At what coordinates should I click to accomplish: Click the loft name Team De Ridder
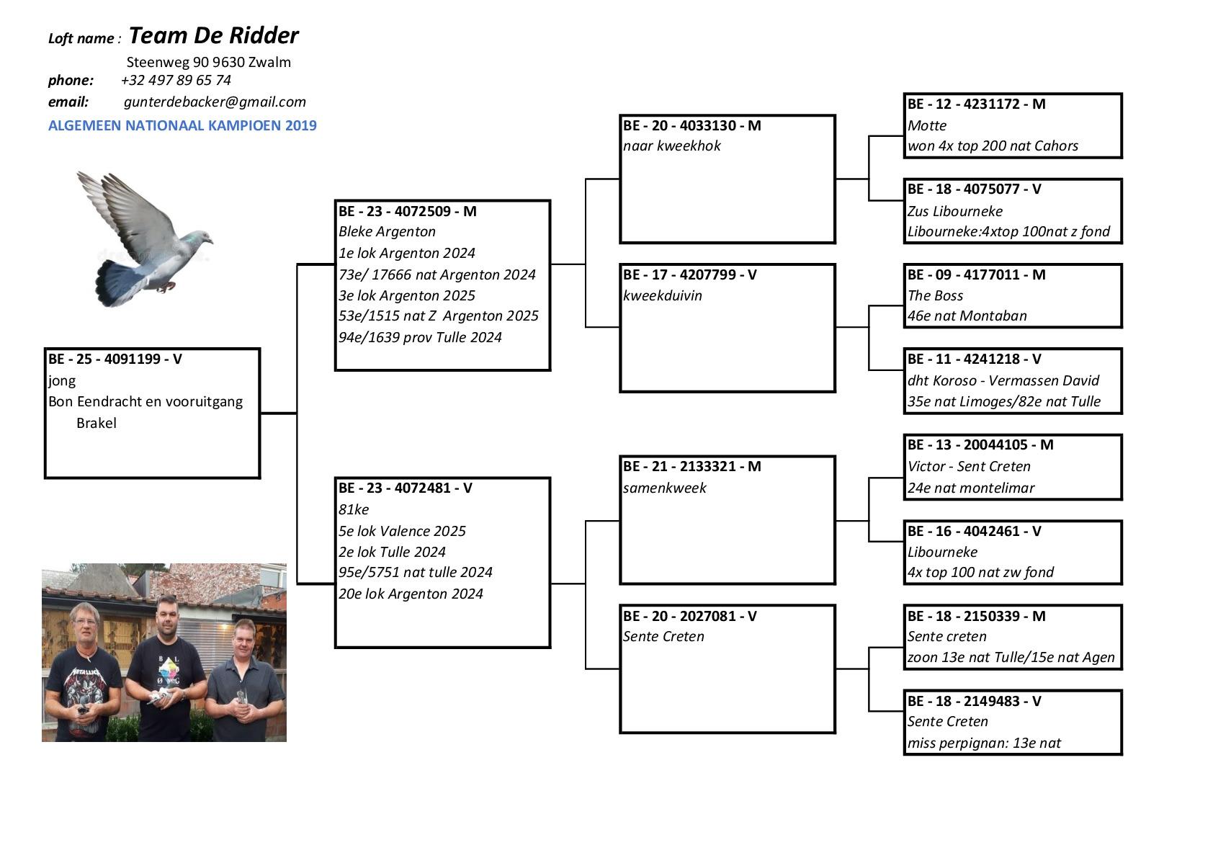click(213, 35)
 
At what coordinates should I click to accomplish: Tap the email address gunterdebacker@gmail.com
click(215, 102)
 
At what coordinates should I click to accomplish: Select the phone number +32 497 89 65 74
click(176, 80)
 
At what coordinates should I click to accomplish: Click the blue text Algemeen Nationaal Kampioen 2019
click(182, 125)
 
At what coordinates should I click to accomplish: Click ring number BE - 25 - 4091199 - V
click(115, 359)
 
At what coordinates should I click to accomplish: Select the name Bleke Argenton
click(387, 231)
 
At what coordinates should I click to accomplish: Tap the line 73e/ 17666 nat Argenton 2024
click(437, 274)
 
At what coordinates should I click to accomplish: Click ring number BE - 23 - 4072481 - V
click(405, 488)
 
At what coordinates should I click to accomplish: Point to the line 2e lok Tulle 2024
click(392, 552)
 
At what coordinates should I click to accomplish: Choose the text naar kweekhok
click(671, 146)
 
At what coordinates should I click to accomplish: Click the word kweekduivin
click(662, 295)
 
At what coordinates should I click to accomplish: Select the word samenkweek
click(664, 488)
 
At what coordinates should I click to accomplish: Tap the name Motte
click(926, 125)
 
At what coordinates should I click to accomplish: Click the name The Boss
click(935, 295)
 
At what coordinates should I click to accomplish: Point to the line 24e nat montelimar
click(970, 488)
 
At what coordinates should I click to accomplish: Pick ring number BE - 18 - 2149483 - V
click(974, 701)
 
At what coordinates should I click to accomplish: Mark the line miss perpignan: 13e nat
click(983, 743)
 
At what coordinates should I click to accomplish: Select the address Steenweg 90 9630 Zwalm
click(209, 62)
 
